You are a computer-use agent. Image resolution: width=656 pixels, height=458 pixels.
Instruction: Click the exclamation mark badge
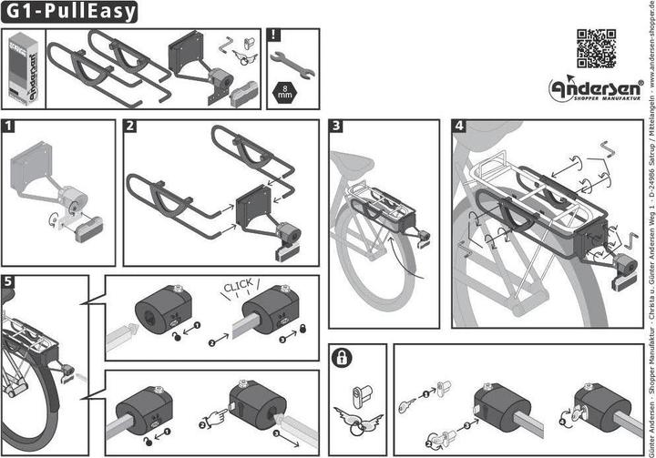(x=274, y=37)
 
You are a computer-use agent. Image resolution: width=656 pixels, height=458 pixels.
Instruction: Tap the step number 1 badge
(x=9, y=127)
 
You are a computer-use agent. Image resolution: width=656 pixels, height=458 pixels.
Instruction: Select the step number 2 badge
(x=131, y=127)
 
